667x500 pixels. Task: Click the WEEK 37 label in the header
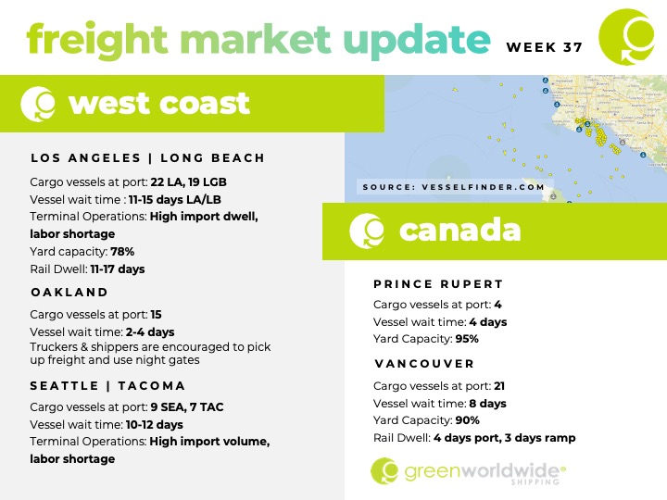coord(544,47)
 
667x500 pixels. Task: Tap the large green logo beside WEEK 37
coord(627,37)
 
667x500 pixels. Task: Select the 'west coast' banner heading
coord(159,104)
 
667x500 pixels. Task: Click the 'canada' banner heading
coord(459,230)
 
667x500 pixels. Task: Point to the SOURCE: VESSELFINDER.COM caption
coord(453,187)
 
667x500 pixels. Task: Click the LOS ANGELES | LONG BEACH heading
coord(148,158)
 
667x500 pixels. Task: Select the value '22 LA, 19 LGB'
coord(188,182)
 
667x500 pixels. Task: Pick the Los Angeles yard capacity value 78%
coord(122,252)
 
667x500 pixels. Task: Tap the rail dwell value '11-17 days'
coord(118,269)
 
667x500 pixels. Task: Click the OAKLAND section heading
coord(69,293)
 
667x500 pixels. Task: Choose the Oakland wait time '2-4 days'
coord(150,332)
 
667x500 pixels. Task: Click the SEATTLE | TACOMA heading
coord(107,386)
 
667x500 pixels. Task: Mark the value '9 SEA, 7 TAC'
coord(187,407)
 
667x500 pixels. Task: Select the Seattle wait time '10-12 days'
coord(155,425)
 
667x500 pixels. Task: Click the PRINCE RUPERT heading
coord(438,284)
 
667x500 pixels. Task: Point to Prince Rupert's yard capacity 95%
coord(467,339)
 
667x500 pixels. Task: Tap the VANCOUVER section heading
coord(424,364)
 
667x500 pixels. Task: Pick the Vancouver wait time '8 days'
coord(488,404)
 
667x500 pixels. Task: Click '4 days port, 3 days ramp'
coord(505,438)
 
